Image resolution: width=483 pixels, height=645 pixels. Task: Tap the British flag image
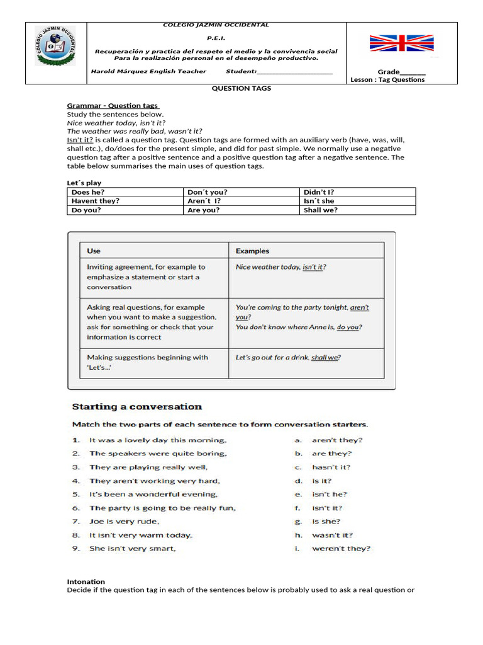point(401,43)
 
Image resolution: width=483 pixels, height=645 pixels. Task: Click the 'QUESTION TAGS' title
point(241,89)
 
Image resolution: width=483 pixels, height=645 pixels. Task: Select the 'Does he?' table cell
point(88,192)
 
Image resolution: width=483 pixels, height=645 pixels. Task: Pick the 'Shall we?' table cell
point(320,210)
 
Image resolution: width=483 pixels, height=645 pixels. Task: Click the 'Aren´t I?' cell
point(204,201)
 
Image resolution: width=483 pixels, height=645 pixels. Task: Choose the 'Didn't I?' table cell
point(319,192)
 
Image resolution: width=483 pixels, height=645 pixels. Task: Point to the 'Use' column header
point(94,251)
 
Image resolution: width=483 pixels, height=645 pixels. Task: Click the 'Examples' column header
point(252,251)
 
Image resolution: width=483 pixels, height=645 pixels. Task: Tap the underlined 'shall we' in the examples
point(325,357)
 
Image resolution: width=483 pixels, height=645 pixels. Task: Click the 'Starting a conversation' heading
point(137,407)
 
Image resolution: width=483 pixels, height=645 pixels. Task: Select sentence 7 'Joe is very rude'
point(124,522)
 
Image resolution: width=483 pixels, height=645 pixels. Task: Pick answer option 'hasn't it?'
point(331,467)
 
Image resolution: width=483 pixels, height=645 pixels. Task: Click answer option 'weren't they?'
point(341,549)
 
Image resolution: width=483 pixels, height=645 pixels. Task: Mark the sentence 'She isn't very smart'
point(132,549)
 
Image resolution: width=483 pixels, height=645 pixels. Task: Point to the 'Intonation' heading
point(86,581)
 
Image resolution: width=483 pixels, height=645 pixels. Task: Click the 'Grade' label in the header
point(389,72)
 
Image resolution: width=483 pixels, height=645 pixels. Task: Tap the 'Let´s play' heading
point(84,183)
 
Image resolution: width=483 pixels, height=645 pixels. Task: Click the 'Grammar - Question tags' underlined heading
point(113,106)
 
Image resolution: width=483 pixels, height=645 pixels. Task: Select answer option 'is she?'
point(326,522)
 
